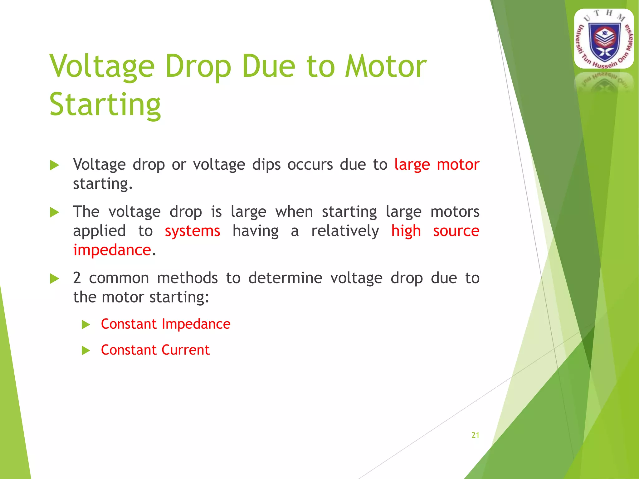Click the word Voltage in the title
click(102, 66)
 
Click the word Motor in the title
click(385, 66)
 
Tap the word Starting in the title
click(105, 105)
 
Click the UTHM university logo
click(604, 39)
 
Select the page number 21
click(475, 435)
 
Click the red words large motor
click(437, 165)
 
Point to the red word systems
click(193, 231)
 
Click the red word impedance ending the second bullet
click(112, 250)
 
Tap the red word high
click(406, 231)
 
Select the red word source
click(456, 231)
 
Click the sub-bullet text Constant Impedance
click(166, 324)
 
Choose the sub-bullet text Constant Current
click(155, 350)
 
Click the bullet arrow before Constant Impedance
click(85, 325)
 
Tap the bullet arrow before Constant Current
click(85, 351)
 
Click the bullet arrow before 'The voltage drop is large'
click(54, 213)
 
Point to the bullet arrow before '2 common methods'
click(54, 279)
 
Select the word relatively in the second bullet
click(345, 231)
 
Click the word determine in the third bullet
click(285, 278)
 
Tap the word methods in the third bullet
click(187, 278)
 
